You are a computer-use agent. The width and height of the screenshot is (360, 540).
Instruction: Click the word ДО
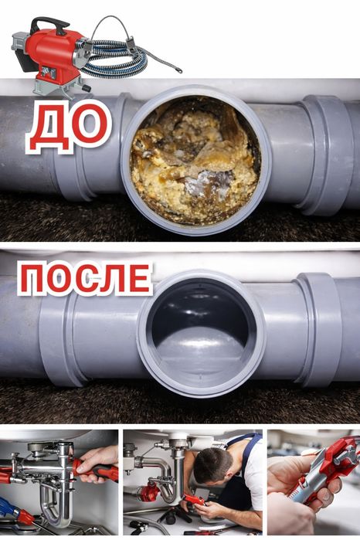69,126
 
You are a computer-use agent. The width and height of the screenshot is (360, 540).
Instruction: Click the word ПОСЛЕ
85,279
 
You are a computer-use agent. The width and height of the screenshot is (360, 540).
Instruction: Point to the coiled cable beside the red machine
114,59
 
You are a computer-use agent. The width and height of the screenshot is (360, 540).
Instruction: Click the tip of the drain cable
179,71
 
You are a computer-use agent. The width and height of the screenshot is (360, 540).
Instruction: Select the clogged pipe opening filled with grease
195,160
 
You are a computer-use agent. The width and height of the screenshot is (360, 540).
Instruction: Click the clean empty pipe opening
201,331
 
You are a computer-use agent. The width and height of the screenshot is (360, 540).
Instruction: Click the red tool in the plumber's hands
194,500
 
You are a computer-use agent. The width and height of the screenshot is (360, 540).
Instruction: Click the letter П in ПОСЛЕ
32,280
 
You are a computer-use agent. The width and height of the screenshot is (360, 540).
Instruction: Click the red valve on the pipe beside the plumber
149,492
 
